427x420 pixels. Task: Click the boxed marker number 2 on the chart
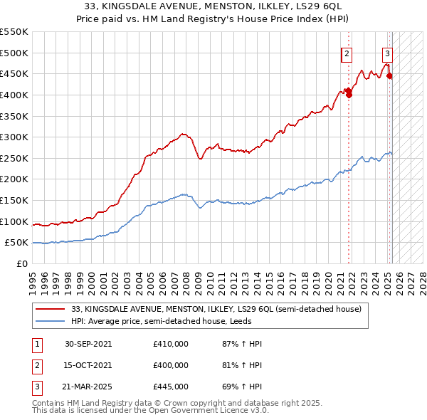347,53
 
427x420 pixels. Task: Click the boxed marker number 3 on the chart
387,53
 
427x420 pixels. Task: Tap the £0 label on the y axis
21,263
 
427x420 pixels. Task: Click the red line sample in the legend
51,309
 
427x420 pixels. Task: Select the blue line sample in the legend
51,321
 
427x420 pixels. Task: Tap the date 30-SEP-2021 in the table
88,344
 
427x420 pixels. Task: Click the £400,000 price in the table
171,365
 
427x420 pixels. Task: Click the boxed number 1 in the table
36,344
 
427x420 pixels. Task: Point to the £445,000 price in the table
171,387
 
